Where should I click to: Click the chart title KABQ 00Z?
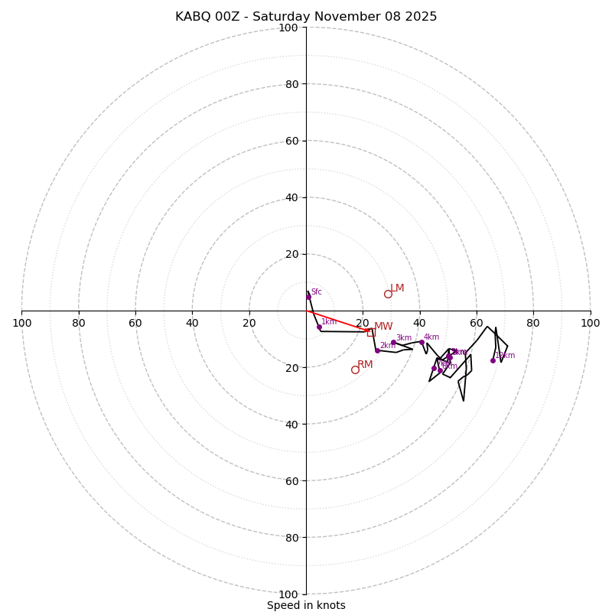306,17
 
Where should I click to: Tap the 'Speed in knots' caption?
306,605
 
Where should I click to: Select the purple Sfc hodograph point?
309,297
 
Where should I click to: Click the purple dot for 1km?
319,327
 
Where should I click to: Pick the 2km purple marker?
377,350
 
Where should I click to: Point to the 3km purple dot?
393,343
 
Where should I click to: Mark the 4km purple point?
422,342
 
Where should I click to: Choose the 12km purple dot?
493,360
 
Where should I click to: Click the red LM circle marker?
388,294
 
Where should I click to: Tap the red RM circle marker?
355,369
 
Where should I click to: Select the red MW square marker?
371,332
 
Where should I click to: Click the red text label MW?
383,327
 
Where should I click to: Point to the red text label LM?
397,288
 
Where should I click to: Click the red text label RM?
365,365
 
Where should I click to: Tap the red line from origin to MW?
338,321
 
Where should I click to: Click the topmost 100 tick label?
288,28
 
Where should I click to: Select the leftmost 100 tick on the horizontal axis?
21,323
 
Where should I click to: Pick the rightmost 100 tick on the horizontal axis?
590,323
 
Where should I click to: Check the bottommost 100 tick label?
288,594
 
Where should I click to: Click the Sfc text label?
316,291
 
